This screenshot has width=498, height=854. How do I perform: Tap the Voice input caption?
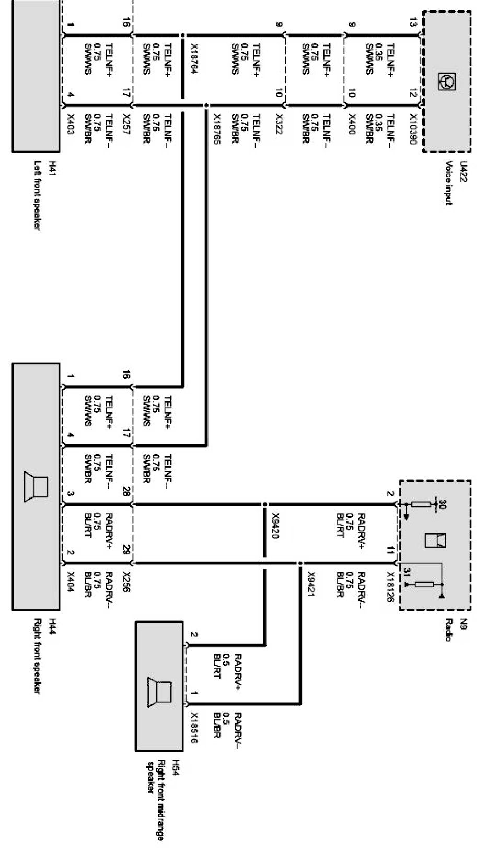(x=448, y=182)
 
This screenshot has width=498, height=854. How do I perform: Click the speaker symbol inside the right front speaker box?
(x=36, y=487)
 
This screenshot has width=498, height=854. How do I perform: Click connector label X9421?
(x=310, y=583)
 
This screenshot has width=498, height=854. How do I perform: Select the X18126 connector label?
(x=390, y=587)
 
